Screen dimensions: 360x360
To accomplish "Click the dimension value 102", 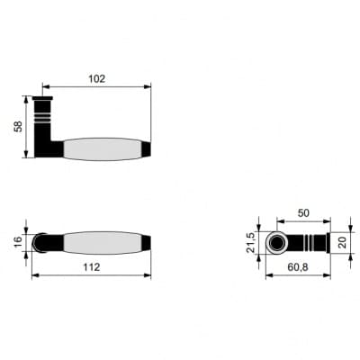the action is click(97, 79).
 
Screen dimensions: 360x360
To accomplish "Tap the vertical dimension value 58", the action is click(18, 127).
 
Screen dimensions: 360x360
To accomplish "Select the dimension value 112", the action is click(92, 267).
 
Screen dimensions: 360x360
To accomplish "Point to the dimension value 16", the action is click(18, 241).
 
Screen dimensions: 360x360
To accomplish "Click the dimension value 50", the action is click(303, 213).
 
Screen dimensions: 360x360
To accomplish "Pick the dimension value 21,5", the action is click(250, 243).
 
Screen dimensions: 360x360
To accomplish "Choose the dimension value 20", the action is click(342, 242).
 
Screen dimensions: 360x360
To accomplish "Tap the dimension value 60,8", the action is click(298, 267).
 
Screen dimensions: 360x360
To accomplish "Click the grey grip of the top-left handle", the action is click(103, 149).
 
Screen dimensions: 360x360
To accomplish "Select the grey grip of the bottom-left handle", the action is click(103, 243).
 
